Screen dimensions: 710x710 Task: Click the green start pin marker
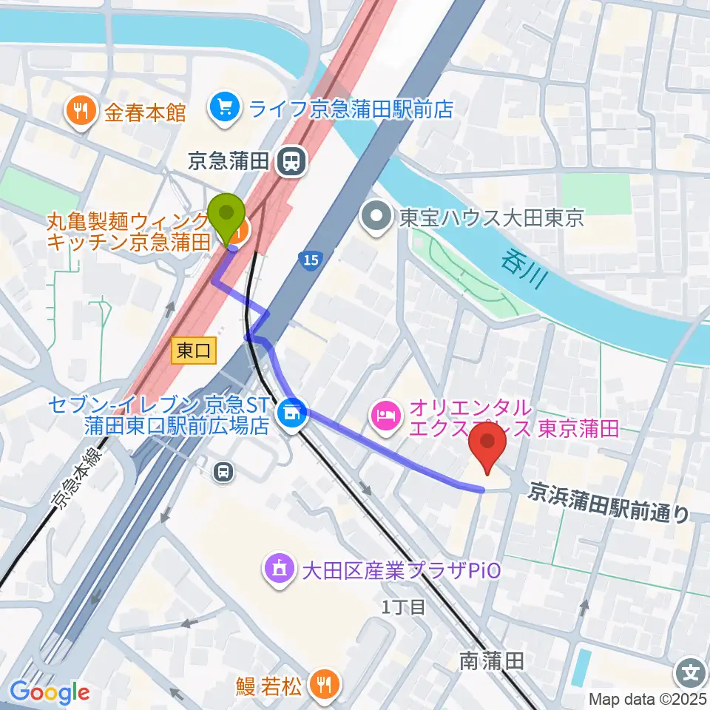227,215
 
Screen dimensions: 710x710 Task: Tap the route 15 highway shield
311,260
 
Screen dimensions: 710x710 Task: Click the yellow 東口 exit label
194,351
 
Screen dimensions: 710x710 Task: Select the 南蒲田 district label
491,660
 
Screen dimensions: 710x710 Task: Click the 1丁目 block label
404,608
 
